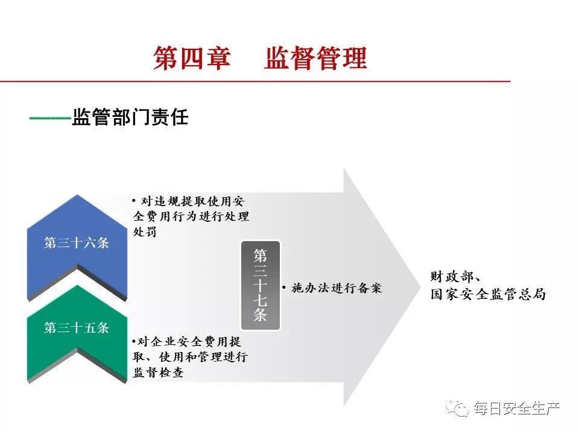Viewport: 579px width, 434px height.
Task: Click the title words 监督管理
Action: point(315,59)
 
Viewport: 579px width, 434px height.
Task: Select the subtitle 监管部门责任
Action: point(130,117)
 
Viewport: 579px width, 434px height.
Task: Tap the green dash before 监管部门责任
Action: point(49,118)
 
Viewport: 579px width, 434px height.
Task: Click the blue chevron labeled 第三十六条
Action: point(77,244)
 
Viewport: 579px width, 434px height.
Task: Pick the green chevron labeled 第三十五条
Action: point(77,329)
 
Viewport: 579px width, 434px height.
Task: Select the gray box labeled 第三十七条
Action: point(261,285)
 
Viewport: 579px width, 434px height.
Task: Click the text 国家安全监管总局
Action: point(488,295)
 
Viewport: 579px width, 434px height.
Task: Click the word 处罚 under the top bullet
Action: point(145,231)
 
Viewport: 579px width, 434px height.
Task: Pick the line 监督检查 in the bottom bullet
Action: point(158,373)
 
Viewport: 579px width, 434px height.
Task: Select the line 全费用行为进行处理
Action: point(191,216)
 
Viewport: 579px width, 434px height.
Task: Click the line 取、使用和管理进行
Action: point(191,357)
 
